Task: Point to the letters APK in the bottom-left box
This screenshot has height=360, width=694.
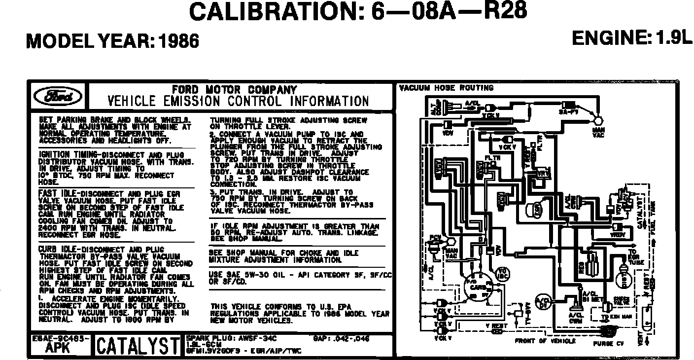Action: point(57,348)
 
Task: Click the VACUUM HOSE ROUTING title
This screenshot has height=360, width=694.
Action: point(446,88)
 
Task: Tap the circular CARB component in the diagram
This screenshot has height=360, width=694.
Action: point(476,287)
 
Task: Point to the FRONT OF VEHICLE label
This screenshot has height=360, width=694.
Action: point(545,341)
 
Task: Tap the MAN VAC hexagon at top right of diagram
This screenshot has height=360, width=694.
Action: point(598,120)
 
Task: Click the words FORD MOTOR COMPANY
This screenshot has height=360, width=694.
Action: point(235,90)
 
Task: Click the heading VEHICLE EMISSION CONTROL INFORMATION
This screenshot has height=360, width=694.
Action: point(238,102)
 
